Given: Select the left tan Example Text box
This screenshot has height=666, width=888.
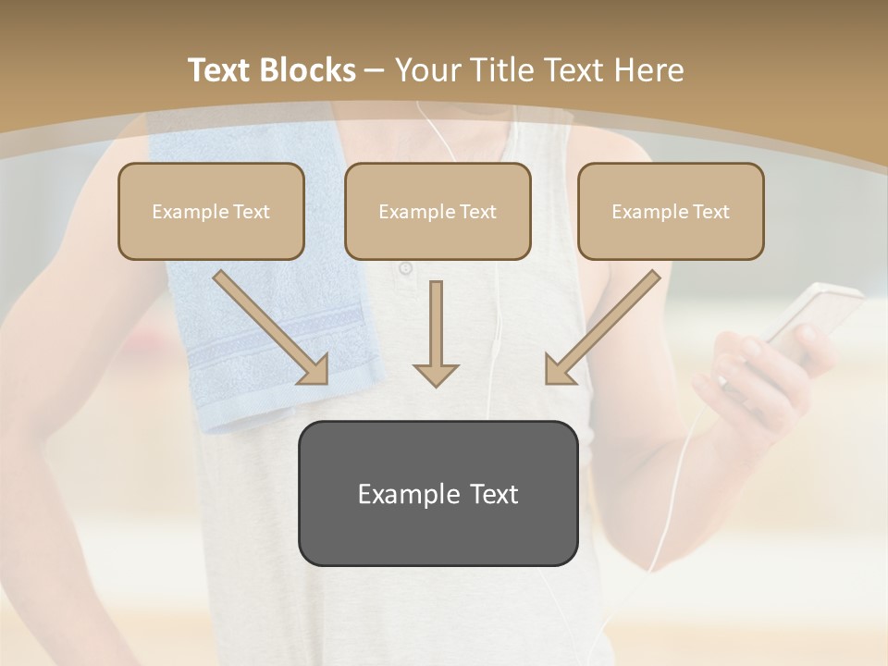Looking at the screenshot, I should (211, 211).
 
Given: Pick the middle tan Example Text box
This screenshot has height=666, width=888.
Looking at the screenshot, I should (438, 211).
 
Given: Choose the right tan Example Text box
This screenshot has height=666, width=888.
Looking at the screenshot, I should (671, 211).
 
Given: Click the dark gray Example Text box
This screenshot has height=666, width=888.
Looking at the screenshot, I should (438, 493).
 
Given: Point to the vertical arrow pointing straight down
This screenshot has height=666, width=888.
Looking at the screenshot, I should (436, 333).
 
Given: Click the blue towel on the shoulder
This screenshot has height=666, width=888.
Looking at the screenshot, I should (268, 305).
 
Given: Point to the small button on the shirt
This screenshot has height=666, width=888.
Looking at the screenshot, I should (405, 269).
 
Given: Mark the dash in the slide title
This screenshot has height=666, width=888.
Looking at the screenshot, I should (375, 70).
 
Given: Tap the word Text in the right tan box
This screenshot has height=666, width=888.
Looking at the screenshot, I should (710, 212).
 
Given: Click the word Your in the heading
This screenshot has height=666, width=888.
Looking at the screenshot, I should (425, 70).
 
